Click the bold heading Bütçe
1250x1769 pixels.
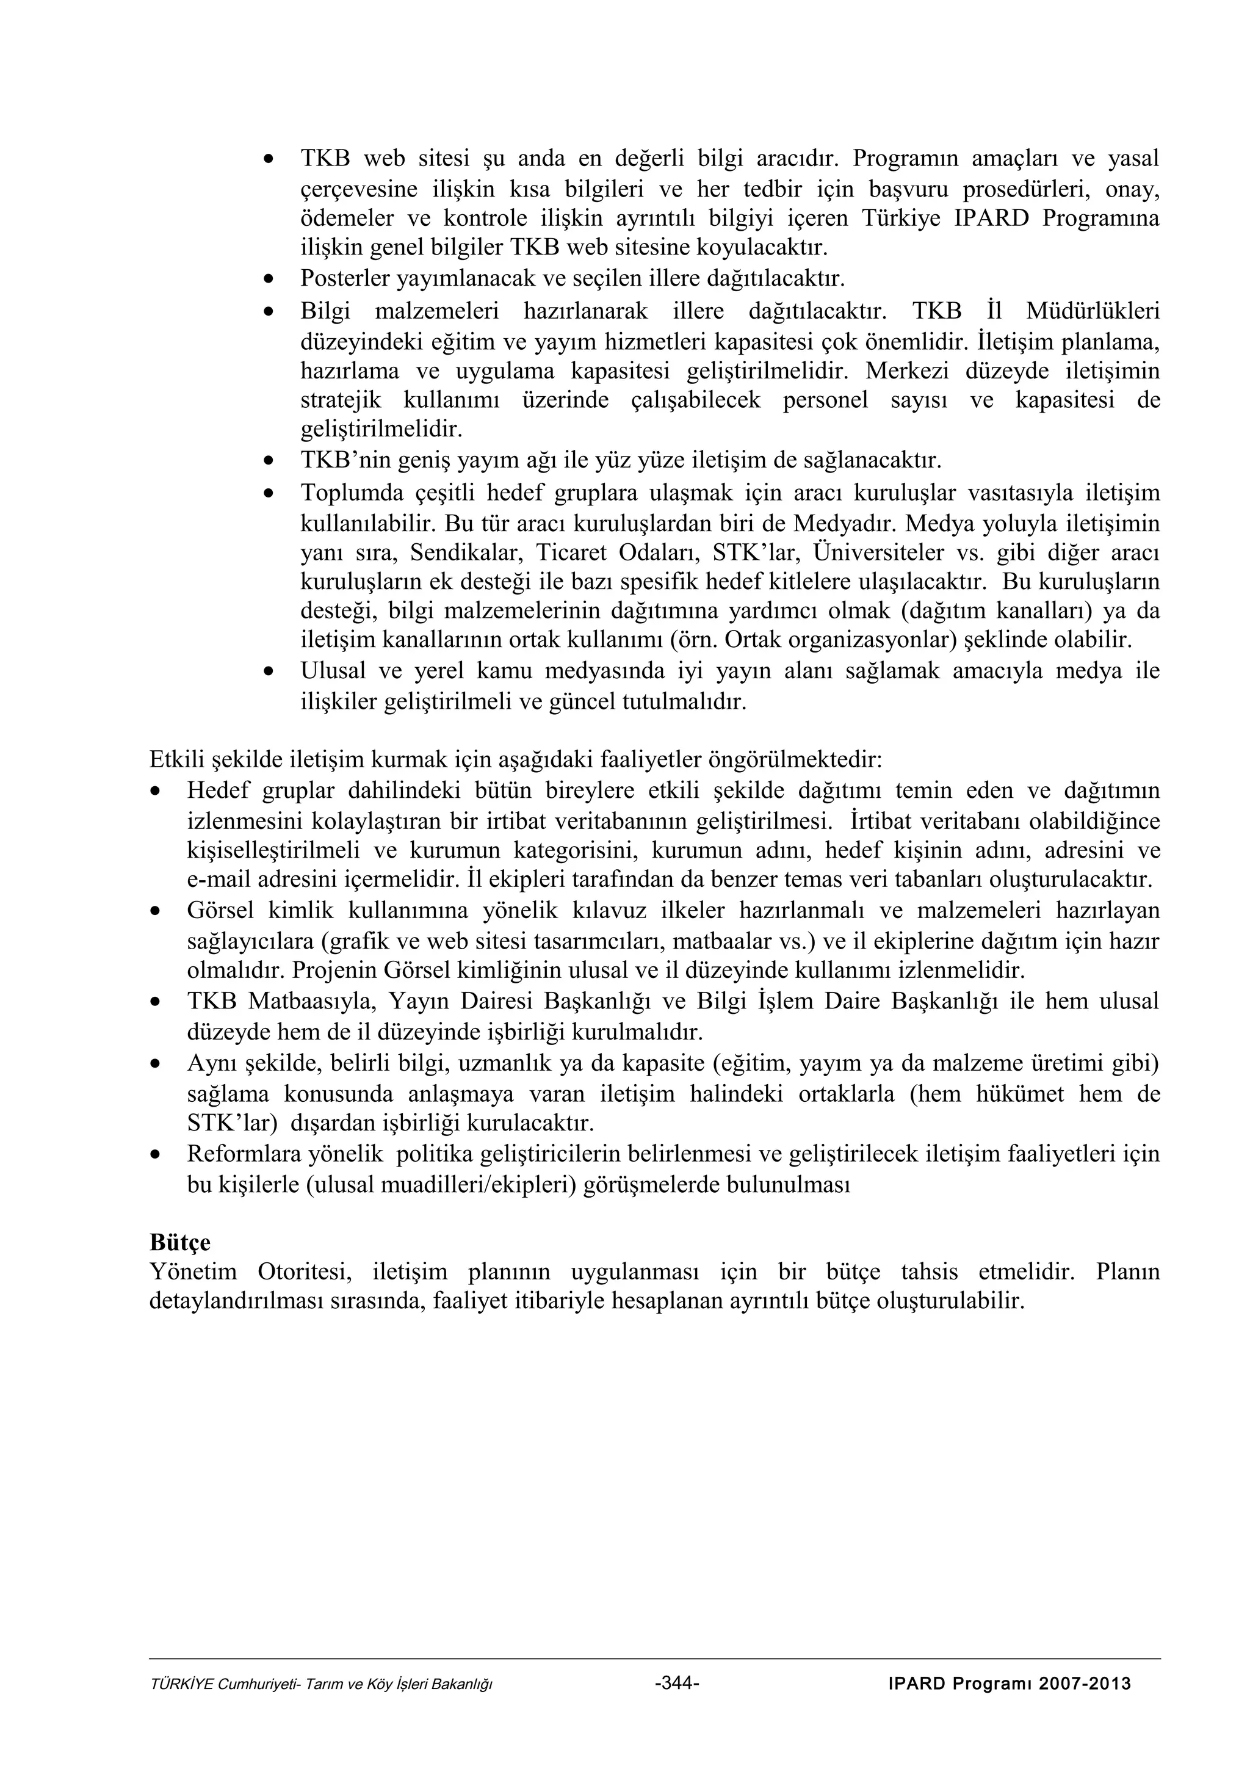(179, 1243)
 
